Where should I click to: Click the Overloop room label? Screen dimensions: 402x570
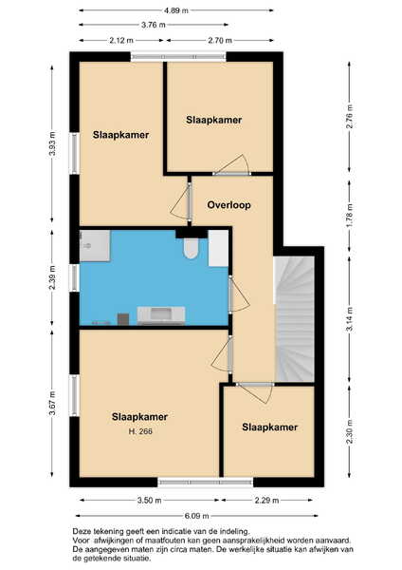pos(228,205)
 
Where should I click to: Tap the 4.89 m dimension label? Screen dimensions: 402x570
pos(176,10)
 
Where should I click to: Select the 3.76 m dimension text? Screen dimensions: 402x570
pos(153,25)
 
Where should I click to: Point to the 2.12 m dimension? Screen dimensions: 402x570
pos(121,40)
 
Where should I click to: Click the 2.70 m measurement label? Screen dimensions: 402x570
pos(220,40)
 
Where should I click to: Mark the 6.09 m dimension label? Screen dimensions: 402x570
pos(196,516)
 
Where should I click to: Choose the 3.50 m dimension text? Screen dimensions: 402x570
pos(149,501)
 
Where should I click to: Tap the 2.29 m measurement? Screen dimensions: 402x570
pos(266,501)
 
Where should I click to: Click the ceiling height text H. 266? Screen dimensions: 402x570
pos(140,431)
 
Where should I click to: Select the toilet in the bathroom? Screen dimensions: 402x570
pos(191,248)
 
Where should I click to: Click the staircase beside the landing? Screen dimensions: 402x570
pos(294,319)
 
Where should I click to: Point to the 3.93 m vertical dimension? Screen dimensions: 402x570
pos(52,143)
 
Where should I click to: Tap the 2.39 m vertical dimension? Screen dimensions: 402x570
pos(52,277)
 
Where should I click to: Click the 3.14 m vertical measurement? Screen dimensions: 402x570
pos(350,319)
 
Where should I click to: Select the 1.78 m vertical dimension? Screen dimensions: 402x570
pos(350,216)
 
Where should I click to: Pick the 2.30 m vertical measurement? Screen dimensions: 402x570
pos(350,431)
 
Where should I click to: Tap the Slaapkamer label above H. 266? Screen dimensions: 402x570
pos(139,417)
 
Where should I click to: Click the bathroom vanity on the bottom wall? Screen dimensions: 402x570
pos(161,315)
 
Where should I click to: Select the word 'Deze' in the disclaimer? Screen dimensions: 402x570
pos(81,532)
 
